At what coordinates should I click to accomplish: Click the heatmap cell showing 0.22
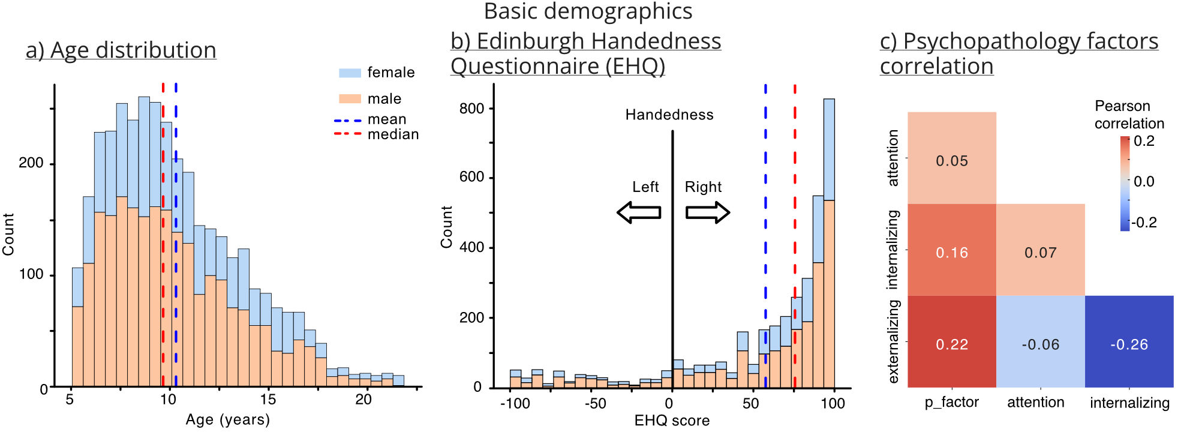click(952, 341)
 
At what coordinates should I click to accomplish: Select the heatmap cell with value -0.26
click(1129, 341)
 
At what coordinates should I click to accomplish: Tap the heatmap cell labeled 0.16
click(952, 250)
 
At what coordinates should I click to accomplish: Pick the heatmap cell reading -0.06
click(1041, 341)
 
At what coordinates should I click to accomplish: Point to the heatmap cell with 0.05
click(952, 158)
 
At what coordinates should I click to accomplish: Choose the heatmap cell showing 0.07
click(1041, 250)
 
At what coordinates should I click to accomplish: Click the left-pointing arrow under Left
click(639, 212)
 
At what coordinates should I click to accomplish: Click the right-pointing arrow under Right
click(708, 212)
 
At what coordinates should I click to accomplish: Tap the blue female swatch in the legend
click(350, 73)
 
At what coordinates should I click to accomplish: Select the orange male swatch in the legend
click(350, 98)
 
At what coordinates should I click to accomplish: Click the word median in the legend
click(393, 134)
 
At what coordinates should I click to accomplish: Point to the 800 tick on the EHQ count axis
click(471, 109)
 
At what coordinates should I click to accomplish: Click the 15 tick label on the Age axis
click(268, 400)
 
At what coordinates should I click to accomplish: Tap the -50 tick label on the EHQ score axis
click(595, 403)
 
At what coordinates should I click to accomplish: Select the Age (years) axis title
click(228, 419)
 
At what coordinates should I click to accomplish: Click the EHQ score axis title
click(672, 420)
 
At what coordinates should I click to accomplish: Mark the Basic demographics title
click(588, 11)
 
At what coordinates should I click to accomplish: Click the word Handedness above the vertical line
click(669, 115)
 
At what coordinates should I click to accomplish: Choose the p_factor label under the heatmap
click(951, 403)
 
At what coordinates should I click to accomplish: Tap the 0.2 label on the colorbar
click(1144, 141)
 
